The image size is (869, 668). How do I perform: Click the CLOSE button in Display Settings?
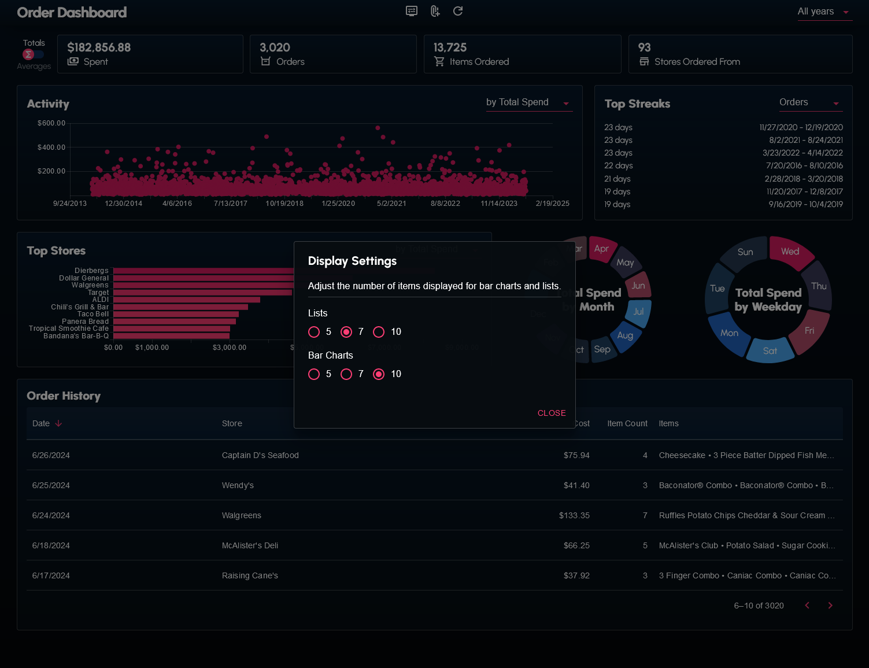[552, 413]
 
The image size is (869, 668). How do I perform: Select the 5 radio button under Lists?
[314, 332]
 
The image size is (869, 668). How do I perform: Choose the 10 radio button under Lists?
[379, 332]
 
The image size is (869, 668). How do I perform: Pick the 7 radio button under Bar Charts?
[346, 374]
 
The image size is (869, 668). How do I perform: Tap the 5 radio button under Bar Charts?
[314, 374]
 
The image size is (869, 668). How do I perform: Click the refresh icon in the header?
[458, 11]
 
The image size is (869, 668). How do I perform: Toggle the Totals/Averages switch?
[33, 54]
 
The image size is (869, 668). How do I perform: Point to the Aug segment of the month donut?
[625, 335]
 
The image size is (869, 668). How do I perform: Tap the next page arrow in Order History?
[830, 606]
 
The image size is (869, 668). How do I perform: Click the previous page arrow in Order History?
[807, 606]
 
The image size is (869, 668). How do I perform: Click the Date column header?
[42, 423]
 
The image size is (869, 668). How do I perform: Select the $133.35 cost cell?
[574, 515]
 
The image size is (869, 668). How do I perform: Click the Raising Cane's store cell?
[250, 575]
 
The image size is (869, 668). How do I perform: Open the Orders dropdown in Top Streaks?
[810, 103]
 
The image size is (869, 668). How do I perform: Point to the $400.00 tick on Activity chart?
[51, 147]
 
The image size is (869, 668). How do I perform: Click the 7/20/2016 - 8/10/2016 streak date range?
[804, 165]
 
